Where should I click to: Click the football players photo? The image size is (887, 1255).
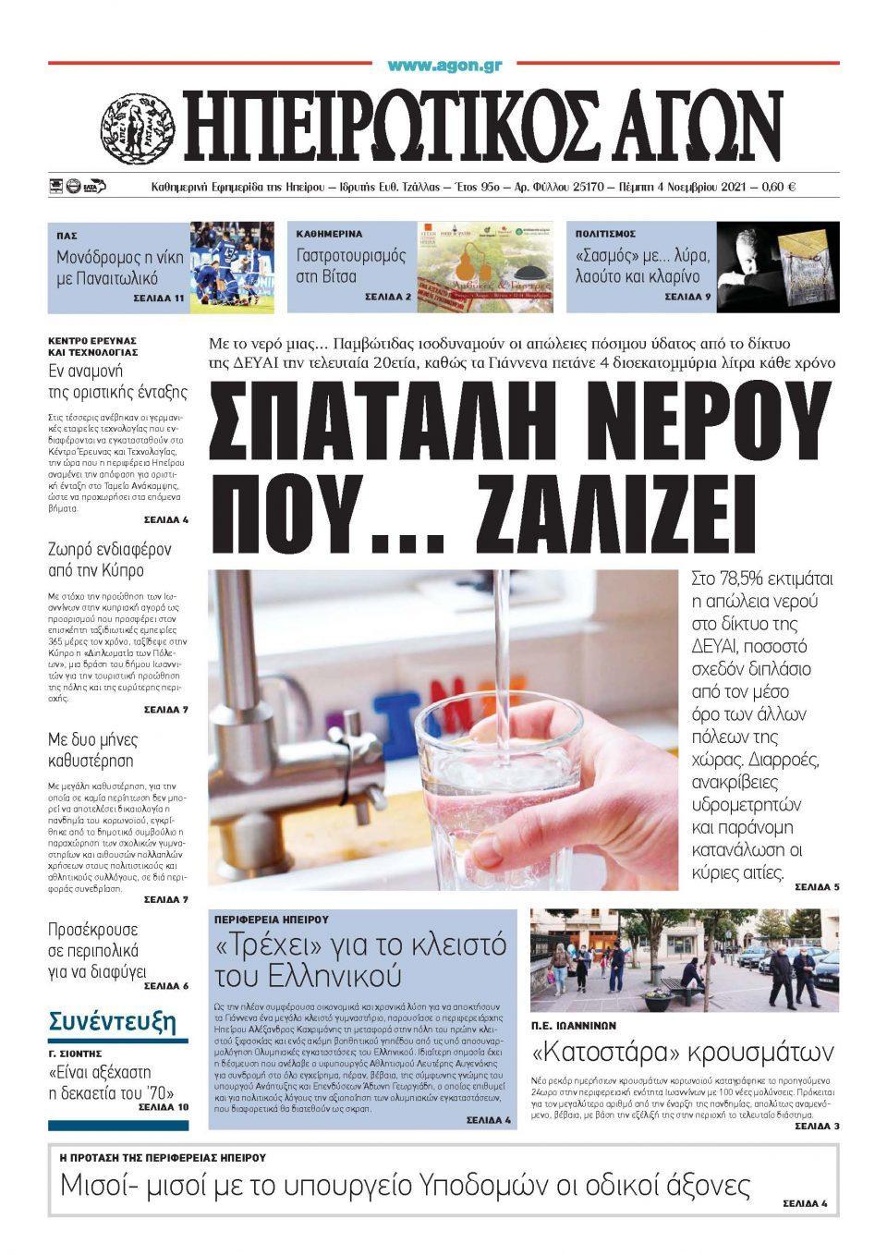[x=232, y=266]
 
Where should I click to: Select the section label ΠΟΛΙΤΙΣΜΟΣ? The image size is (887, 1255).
[x=605, y=234]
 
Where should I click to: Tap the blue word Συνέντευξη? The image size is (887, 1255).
[x=112, y=1021]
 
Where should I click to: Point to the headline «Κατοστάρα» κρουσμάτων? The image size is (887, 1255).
[x=683, y=1052]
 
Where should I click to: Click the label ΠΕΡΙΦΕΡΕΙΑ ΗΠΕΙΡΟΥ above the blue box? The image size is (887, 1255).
[x=272, y=920]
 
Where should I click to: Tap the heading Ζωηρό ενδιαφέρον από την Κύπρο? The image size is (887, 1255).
[x=109, y=559]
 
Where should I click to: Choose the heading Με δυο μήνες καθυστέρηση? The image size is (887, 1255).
[x=92, y=749]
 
